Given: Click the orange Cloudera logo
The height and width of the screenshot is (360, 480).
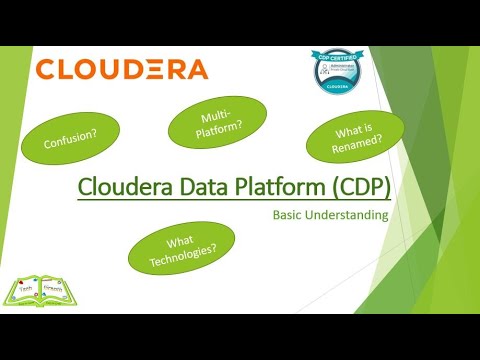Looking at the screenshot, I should [x=121, y=70].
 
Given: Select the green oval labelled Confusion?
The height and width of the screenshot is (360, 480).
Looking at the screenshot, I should [x=77, y=142].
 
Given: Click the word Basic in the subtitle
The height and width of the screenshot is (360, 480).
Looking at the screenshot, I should [x=291, y=213].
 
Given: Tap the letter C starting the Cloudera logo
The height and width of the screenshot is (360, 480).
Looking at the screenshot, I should [x=46, y=70].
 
